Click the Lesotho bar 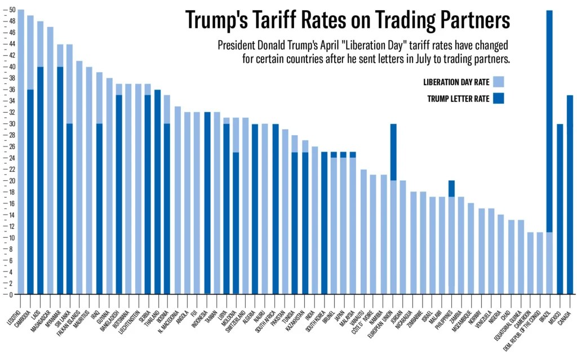(x=21, y=152)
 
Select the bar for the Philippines (x=452, y=237)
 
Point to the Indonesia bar (x=207, y=203)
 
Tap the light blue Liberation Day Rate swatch (x=498, y=82)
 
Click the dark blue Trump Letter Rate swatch (x=498, y=98)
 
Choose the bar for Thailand (x=158, y=192)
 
